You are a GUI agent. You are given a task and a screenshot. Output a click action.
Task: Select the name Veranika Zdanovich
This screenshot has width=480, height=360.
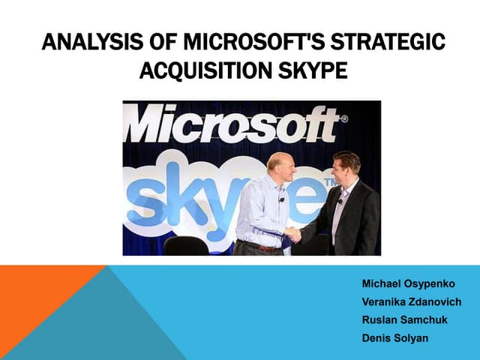coord(411,302)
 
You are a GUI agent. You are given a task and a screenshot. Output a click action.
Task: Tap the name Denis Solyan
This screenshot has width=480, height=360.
coord(395,338)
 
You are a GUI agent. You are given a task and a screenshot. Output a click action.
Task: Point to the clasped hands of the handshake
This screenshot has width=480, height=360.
coord(293,233)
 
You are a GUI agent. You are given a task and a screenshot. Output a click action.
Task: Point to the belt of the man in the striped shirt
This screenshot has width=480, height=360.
coord(262,246)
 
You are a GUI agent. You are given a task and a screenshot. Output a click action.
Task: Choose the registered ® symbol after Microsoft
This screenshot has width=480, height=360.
coord(343,118)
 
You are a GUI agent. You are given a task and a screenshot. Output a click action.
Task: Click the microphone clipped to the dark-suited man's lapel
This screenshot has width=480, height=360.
coord(340,201)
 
